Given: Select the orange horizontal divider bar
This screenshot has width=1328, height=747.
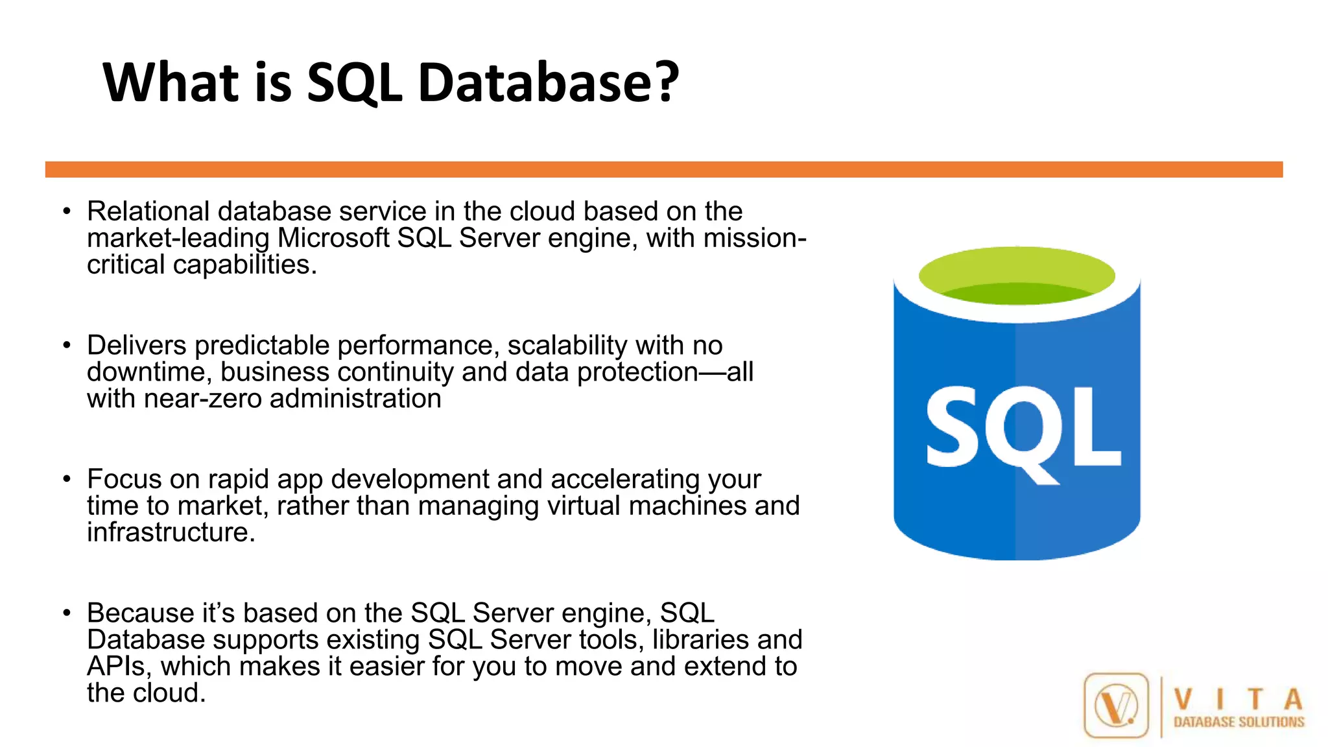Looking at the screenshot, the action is pyautogui.click(x=664, y=169).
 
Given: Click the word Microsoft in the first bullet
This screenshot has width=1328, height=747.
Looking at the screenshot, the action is pyautogui.click(x=334, y=238).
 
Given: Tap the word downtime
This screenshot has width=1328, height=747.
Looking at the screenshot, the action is pyautogui.click(x=150, y=372).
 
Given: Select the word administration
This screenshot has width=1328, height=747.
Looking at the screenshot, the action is pyautogui.click(x=355, y=399).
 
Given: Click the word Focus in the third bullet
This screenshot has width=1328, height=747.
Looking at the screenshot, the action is pyautogui.click(x=124, y=479).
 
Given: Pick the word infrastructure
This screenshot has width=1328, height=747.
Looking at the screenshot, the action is pyautogui.click(x=171, y=532).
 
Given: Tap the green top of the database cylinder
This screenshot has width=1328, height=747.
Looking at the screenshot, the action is pyautogui.click(x=1017, y=276).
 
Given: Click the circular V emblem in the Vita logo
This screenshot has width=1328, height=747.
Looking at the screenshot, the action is pyautogui.click(x=1116, y=705).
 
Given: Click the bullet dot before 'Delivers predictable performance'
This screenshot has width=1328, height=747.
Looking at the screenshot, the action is pyautogui.click(x=67, y=346).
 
